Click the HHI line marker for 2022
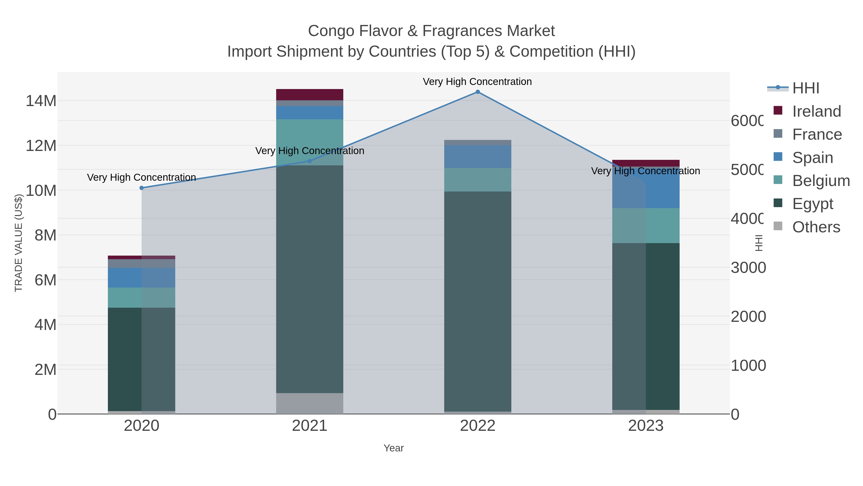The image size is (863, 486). click(477, 92)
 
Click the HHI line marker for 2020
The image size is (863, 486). click(141, 188)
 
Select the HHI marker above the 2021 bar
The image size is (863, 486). click(309, 161)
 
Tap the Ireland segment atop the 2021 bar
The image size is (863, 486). click(309, 95)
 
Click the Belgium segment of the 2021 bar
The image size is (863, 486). click(309, 134)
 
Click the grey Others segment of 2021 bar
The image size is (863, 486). click(309, 403)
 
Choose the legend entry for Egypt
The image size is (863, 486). click(812, 204)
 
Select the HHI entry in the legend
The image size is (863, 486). click(805, 88)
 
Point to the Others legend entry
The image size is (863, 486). click(816, 227)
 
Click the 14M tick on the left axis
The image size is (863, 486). click(41, 101)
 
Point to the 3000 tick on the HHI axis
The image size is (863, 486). click(748, 268)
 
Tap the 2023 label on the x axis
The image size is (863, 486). click(646, 426)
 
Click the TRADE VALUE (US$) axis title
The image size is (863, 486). click(19, 243)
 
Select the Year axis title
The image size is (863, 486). click(393, 448)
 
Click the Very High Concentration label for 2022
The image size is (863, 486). click(477, 82)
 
